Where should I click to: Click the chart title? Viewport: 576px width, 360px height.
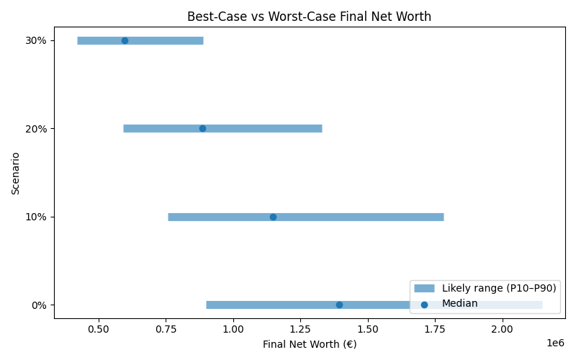click(309, 17)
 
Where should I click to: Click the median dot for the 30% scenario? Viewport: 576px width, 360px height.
click(125, 40)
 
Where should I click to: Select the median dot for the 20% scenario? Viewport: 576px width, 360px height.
click(202, 128)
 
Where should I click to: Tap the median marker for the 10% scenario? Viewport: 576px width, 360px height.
click(273, 217)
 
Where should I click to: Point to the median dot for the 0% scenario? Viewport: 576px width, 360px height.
click(339, 305)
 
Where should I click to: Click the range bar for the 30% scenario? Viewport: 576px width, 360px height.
click(166, 40)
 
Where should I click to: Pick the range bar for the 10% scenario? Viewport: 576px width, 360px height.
click(360, 217)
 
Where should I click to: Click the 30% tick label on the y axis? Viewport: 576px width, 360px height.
click(35, 40)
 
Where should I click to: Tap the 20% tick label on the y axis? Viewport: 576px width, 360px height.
click(35, 128)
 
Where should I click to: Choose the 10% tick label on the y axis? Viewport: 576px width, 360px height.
click(35, 217)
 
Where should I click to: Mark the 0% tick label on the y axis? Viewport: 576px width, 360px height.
click(38, 305)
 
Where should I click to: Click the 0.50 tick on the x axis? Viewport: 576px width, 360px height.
click(98, 328)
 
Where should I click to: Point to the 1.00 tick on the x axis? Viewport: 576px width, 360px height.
click(233, 328)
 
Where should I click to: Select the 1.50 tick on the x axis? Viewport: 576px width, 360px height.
click(367, 328)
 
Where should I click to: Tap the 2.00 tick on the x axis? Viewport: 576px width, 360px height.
click(502, 328)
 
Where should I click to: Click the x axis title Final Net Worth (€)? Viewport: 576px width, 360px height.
click(309, 344)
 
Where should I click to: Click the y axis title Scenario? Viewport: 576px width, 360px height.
click(16, 173)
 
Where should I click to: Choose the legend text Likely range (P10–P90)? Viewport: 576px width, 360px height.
click(498, 288)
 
